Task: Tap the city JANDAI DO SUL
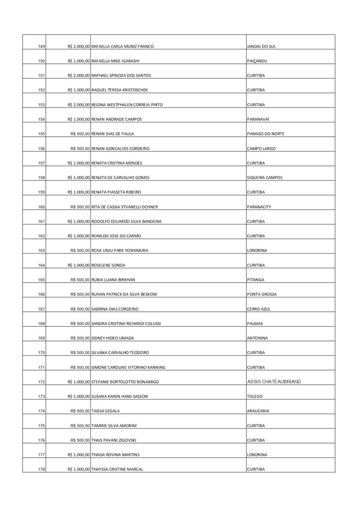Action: [x=261, y=46]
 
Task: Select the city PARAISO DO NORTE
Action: [x=266, y=134]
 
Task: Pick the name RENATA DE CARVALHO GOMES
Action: [x=120, y=177]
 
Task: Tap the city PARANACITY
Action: [x=259, y=207]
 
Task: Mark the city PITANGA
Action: [x=256, y=280]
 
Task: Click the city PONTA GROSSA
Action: [x=262, y=294]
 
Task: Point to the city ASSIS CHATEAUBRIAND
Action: [x=273, y=382]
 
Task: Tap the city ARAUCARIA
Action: [x=259, y=411]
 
